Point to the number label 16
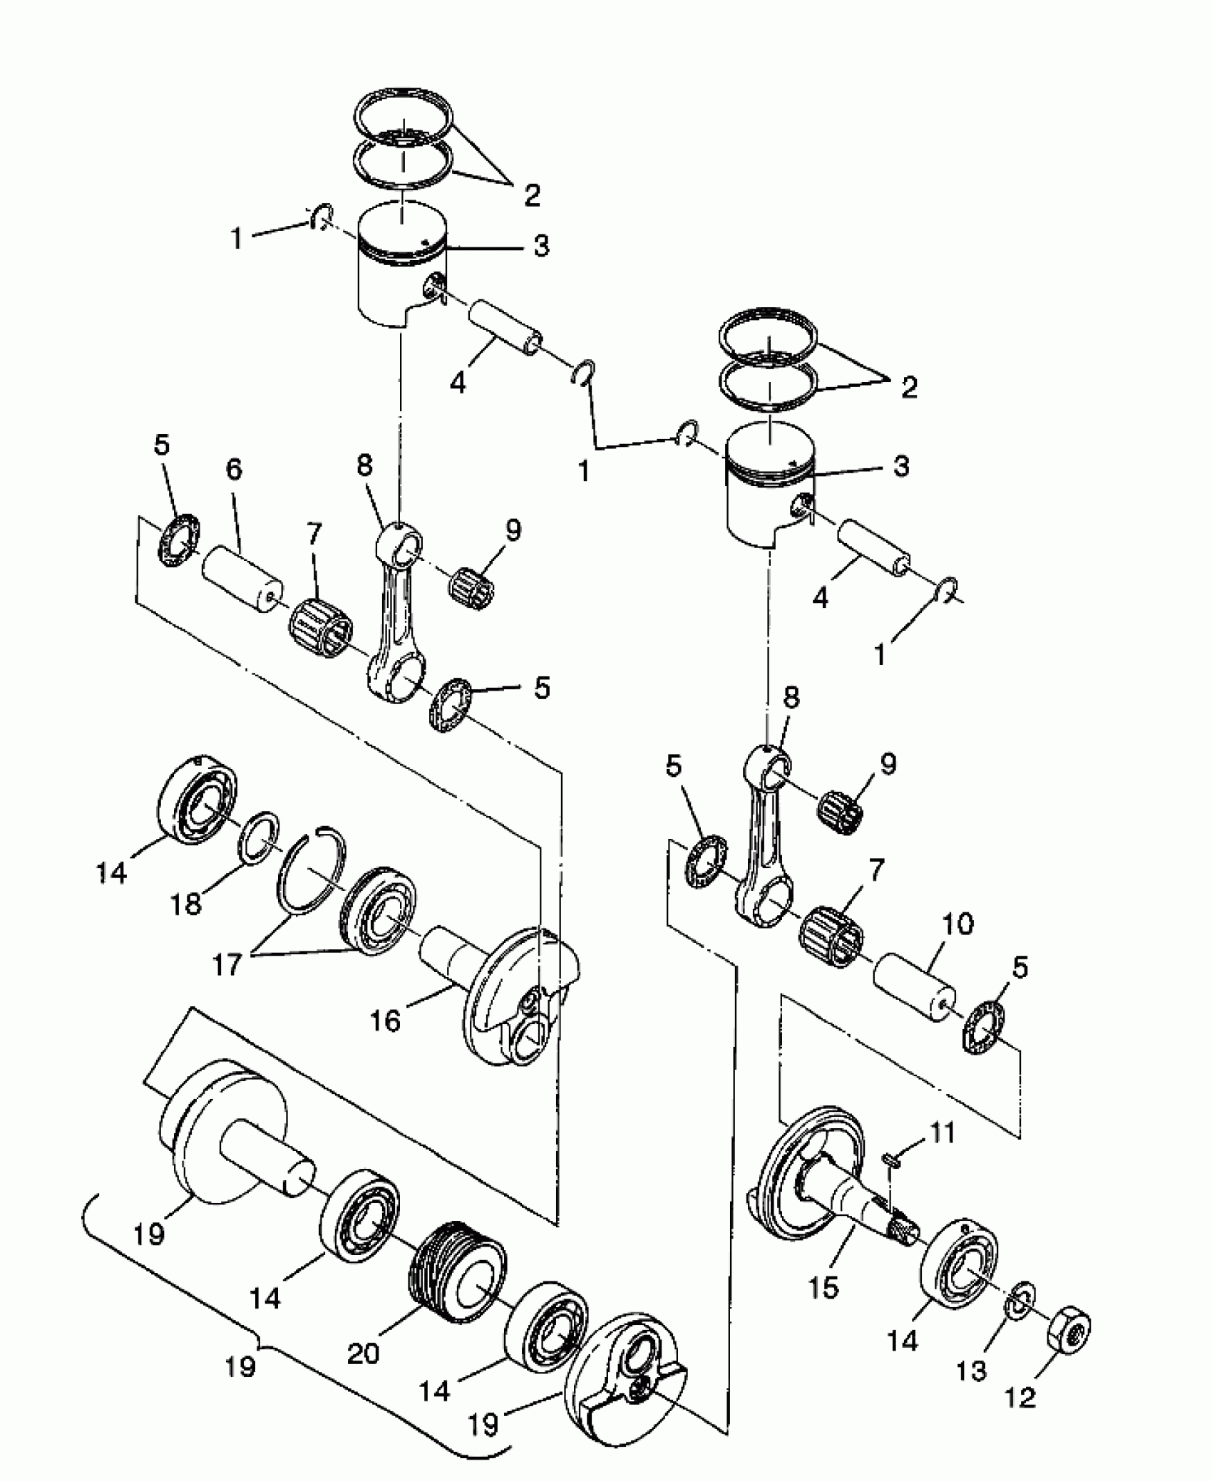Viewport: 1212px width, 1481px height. (x=385, y=1021)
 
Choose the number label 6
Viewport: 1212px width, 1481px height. (x=234, y=470)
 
